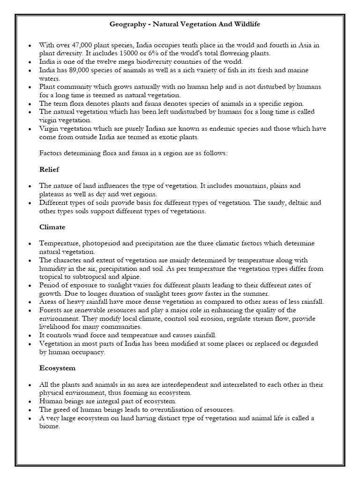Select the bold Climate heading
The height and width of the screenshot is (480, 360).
click(x=52, y=227)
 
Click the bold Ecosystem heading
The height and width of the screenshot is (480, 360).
click(x=57, y=368)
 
